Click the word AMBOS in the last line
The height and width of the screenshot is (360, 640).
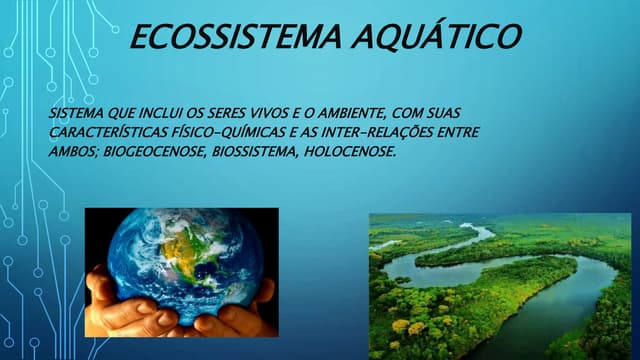(69, 152)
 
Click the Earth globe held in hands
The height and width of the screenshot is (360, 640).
(181, 255)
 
